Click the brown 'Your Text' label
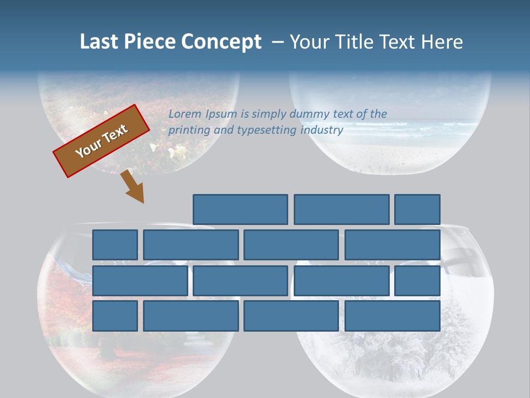[102, 141]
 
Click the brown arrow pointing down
[132, 187]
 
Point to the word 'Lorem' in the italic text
[185, 114]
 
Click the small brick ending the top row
[417, 210]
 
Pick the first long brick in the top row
[240, 210]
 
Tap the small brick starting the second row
[115, 245]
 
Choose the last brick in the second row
[393, 245]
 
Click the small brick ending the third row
[417, 280]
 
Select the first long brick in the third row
[140, 280]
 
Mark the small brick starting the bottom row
[115, 316]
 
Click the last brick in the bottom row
[393, 316]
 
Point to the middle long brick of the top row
[341, 210]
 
